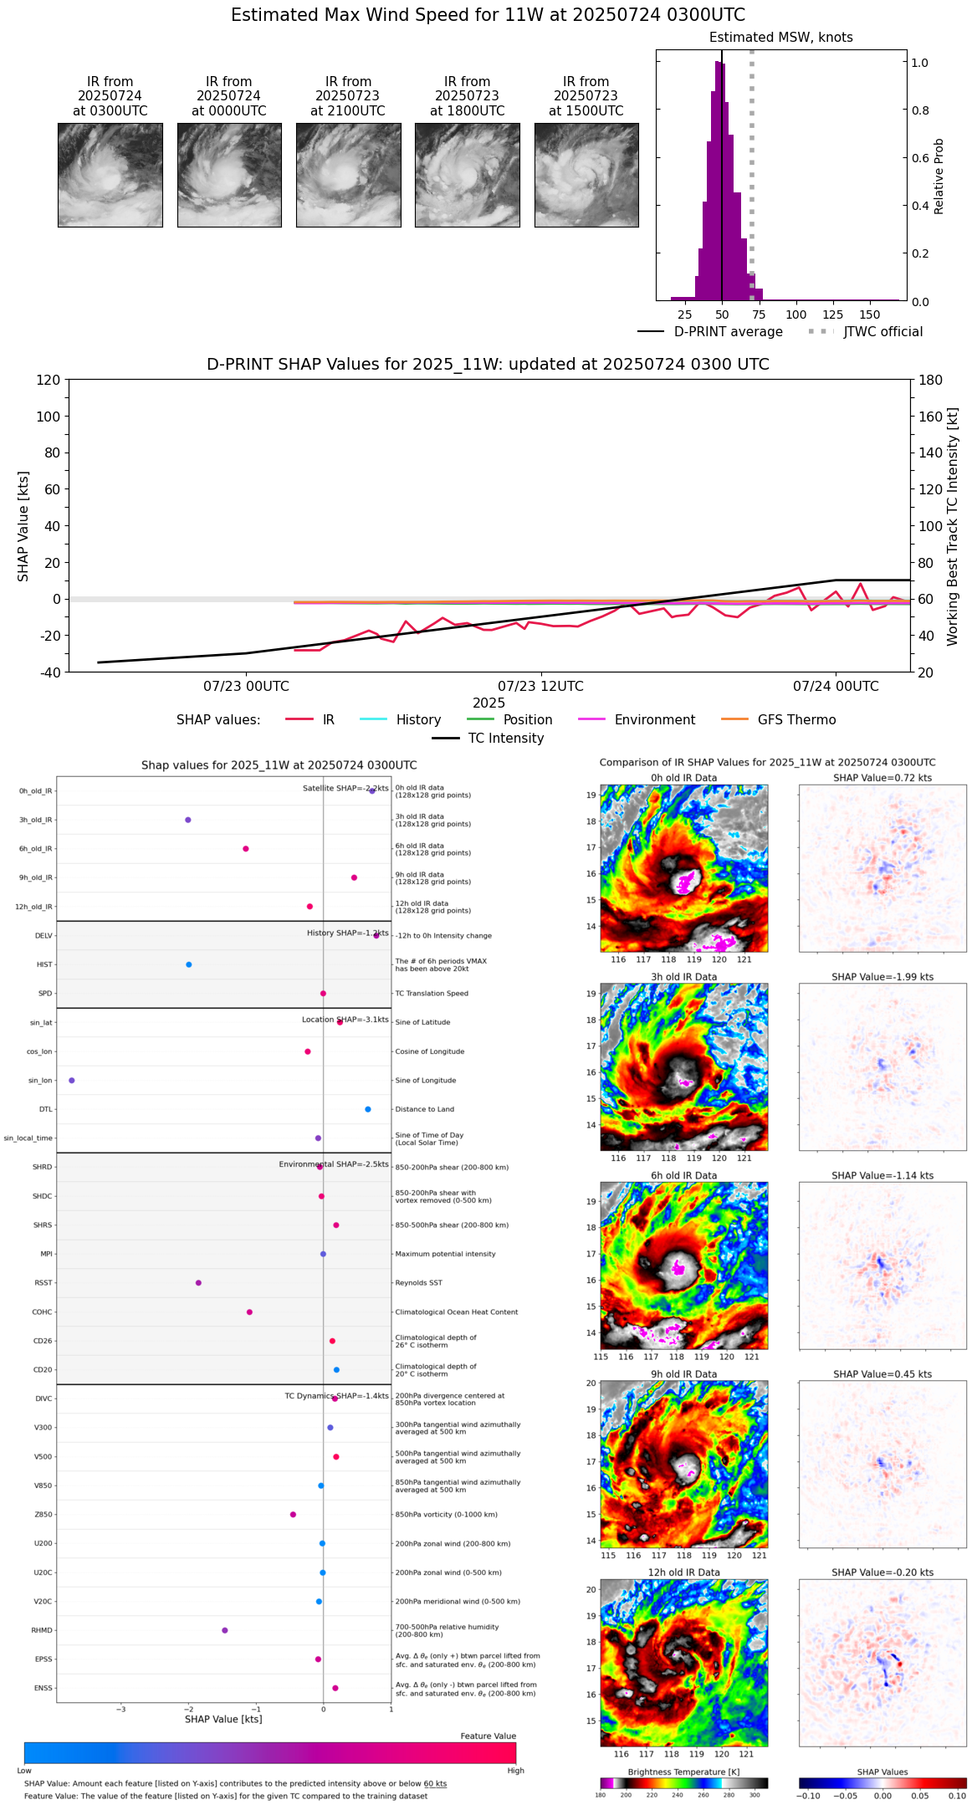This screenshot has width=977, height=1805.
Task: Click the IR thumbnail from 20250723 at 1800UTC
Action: coord(467,175)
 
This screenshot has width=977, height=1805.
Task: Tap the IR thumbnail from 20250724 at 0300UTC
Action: coord(110,175)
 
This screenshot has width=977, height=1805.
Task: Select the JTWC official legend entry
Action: coord(882,332)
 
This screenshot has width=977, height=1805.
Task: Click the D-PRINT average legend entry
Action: coord(728,332)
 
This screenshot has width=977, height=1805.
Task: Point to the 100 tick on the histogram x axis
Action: coord(796,314)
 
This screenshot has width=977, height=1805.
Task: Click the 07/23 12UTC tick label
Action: coord(540,687)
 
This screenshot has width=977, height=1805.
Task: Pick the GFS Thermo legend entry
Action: coord(796,720)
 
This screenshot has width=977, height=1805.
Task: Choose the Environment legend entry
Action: coord(654,720)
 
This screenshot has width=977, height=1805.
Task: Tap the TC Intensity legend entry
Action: coord(505,739)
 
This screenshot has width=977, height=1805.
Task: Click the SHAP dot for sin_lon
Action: coord(72,1081)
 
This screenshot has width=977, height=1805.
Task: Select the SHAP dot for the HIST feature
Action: coord(189,964)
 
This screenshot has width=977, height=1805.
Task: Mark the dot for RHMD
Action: coord(225,1630)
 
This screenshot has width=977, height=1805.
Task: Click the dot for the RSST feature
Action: coord(198,1283)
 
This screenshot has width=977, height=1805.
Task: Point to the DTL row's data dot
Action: coord(367,1109)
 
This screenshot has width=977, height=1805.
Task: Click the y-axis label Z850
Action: coord(43,1515)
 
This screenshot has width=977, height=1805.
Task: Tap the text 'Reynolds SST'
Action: coord(418,1283)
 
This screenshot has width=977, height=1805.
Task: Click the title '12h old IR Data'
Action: coord(683,1572)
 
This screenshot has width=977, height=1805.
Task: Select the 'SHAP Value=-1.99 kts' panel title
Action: coord(882,977)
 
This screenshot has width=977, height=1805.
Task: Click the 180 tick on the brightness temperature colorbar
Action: coord(601,1795)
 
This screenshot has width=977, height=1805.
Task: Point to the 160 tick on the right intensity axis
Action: coord(931,417)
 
